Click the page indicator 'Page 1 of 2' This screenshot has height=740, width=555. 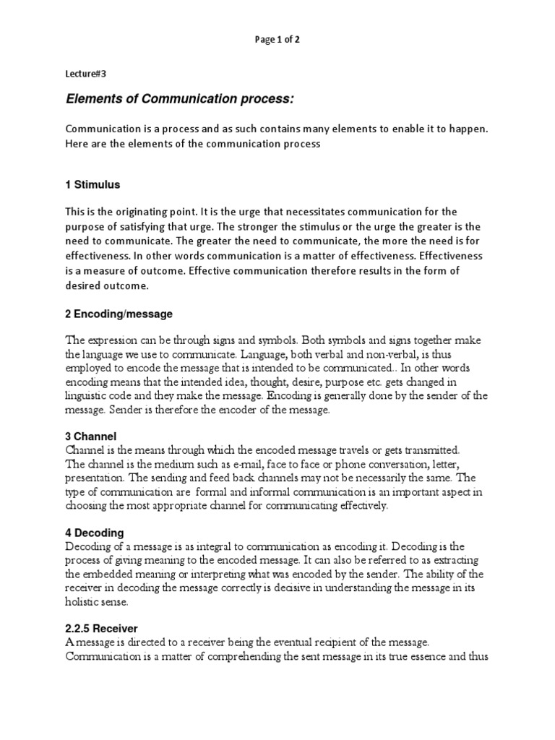pos(277,40)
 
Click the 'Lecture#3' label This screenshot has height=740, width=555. pos(86,73)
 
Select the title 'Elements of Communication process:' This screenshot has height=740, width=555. pos(181,98)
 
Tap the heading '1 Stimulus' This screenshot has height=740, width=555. pos(92,185)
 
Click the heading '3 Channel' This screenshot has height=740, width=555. pos(91,436)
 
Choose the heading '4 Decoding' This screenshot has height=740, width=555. pos(95,533)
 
